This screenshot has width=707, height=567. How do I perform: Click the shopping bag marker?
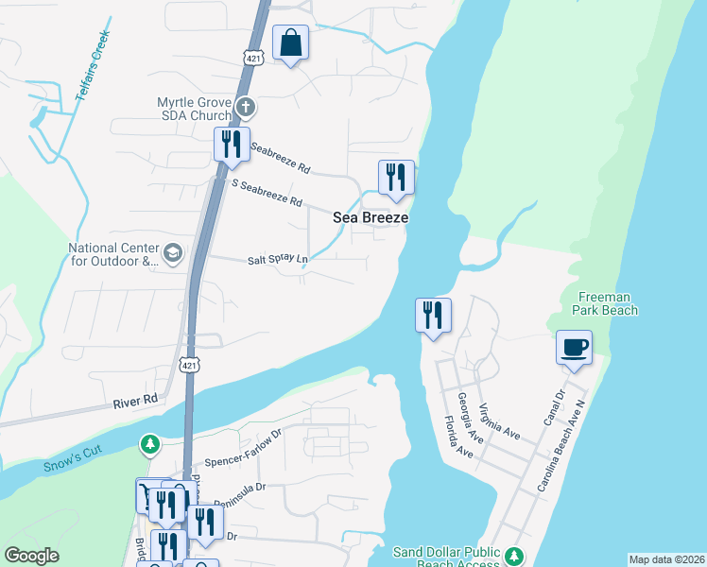(x=290, y=43)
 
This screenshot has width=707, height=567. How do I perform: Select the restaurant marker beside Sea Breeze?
(x=396, y=178)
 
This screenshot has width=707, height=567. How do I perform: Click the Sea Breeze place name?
(x=371, y=217)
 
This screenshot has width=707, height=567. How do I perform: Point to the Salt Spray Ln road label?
(x=278, y=259)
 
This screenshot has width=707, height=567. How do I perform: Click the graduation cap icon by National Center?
(x=172, y=252)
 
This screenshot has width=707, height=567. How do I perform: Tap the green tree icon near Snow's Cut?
(x=149, y=443)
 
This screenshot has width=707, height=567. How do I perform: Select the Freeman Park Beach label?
(x=606, y=302)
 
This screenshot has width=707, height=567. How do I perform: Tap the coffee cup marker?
(x=574, y=347)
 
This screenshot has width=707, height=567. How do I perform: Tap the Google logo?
(x=32, y=556)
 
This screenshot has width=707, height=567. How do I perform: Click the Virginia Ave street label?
(x=499, y=421)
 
